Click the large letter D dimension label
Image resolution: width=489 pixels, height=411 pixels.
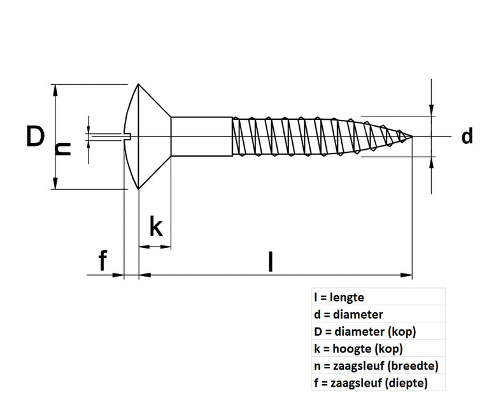36,136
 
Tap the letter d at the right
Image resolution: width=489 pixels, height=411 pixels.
467,136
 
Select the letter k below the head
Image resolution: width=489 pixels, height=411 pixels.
157,226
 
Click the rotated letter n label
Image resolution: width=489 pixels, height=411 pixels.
62,149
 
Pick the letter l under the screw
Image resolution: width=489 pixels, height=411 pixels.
271,261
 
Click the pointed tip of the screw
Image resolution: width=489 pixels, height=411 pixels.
409,136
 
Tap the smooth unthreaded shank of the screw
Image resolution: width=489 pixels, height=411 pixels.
201,136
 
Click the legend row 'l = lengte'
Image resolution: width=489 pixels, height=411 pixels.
339,297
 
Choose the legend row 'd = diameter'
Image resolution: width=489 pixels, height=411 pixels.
348,314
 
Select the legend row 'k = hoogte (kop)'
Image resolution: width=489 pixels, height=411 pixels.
358,349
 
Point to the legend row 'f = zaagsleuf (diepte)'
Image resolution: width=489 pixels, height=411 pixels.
371,383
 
